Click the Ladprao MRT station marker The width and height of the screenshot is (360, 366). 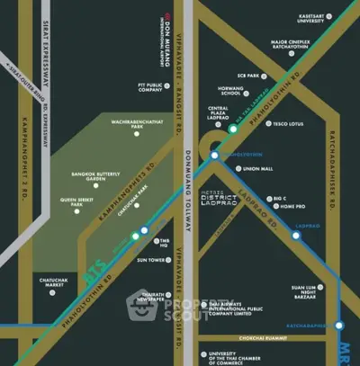coord(295,236)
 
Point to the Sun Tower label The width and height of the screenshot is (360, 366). coord(148,260)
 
